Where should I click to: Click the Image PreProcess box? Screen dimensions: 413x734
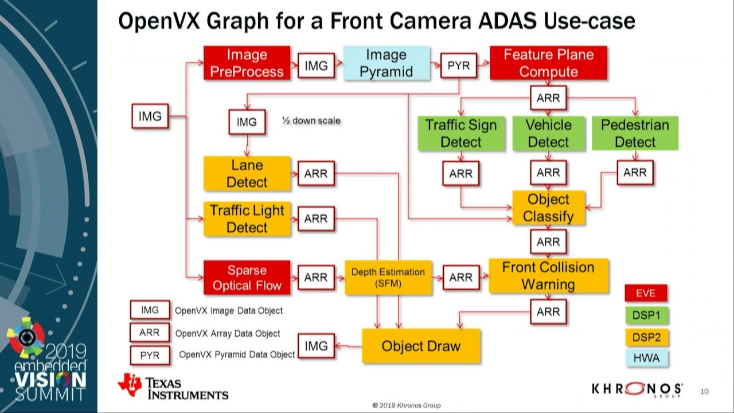click(x=247, y=63)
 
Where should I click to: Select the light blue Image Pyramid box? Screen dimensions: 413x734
click(x=386, y=63)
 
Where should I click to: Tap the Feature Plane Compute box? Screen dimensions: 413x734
click(x=548, y=63)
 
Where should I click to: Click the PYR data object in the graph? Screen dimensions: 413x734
click(x=458, y=66)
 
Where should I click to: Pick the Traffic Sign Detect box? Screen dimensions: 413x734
click(x=461, y=133)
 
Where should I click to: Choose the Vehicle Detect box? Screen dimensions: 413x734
click(x=548, y=133)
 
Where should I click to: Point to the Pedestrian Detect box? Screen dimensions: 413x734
click(x=635, y=133)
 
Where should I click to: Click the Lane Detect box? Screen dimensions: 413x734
click(x=247, y=173)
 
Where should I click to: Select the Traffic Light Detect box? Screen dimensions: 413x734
click(x=247, y=219)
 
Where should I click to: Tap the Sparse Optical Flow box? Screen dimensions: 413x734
click(x=247, y=278)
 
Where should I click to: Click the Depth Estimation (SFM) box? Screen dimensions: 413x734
click(x=388, y=278)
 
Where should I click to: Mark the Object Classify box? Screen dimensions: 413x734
click(x=548, y=208)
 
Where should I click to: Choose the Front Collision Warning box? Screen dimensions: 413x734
click(x=548, y=276)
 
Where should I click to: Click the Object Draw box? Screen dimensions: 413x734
click(x=421, y=346)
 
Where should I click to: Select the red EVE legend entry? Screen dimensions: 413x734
click(x=646, y=294)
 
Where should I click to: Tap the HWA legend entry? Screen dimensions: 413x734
click(x=646, y=358)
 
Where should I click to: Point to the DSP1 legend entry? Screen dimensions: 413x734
click(x=646, y=315)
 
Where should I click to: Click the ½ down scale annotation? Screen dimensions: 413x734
click(x=311, y=120)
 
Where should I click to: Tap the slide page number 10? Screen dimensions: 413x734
click(x=704, y=391)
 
